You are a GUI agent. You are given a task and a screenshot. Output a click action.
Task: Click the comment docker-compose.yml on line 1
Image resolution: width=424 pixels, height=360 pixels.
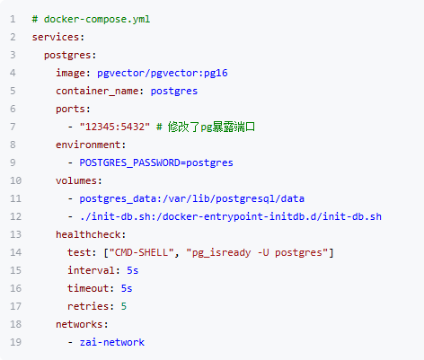(x=91, y=19)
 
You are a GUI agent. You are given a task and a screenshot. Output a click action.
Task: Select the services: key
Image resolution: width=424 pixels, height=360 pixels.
(x=58, y=37)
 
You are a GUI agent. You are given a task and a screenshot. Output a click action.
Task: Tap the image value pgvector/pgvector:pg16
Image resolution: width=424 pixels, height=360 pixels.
(x=163, y=74)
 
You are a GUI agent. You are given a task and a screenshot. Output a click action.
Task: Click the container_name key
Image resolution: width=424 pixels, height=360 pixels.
(x=97, y=91)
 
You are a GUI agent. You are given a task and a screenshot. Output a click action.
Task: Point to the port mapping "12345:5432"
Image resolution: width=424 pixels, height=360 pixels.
(x=115, y=127)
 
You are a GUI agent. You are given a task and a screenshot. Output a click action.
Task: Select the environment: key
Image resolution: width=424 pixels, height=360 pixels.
(x=91, y=145)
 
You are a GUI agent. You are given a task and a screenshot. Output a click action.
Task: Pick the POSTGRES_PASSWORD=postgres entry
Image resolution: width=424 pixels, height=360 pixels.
(x=156, y=162)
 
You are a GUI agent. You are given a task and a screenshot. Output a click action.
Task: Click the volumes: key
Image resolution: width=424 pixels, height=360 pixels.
(x=79, y=180)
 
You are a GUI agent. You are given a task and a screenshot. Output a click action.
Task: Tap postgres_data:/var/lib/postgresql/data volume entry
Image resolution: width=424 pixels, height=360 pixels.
(x=191, y=198)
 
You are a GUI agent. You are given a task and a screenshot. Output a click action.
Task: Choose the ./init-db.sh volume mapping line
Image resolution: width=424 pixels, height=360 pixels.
(x=230, y=216)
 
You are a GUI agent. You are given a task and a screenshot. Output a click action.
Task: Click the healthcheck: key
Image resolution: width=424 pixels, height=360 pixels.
(x=91, y=234)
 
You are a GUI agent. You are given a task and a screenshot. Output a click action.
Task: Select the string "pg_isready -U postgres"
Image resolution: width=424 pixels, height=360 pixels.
(x=257, y=252)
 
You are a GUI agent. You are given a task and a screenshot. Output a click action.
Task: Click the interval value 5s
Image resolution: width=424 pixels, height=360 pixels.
(x=132, y=270)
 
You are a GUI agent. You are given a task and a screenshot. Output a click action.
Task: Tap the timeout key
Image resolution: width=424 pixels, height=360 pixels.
(x=88, y=288)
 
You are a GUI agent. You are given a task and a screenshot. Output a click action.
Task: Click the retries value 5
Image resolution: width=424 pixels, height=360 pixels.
(x=124, y=306)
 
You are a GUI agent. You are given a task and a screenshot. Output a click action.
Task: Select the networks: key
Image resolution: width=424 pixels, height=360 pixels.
(x=82, y=324)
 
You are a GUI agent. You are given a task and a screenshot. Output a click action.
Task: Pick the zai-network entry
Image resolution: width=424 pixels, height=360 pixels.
(x=111, y=342)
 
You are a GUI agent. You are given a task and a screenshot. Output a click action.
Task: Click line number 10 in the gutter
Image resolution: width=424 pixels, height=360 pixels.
(x=15, y=180)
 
